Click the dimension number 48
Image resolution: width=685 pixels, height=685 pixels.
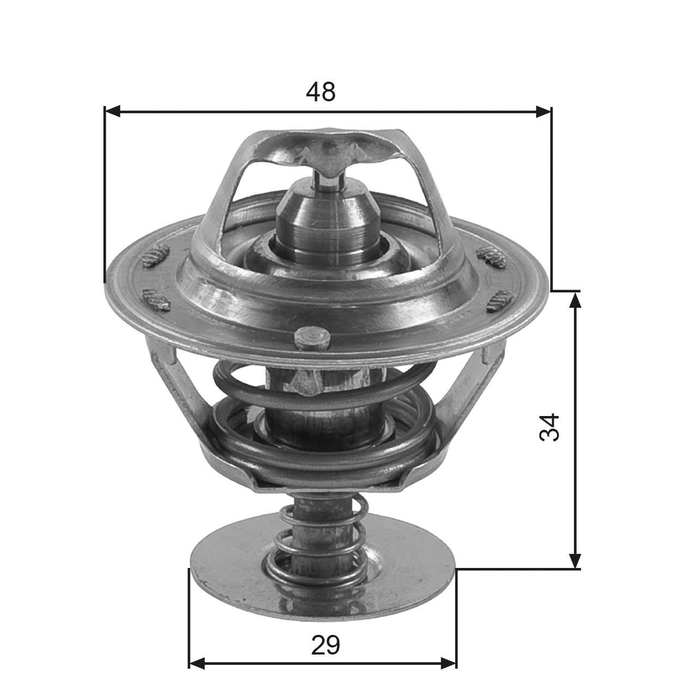pyautogui.click(x=321, y=93)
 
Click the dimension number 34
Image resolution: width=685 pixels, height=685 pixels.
pyautogui.click(x=549, y=427)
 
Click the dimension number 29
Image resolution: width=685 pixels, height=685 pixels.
pyautogui.click(x=326, y=645)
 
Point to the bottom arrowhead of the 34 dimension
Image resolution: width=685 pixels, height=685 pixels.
pyautogui.click(x=575, y=561)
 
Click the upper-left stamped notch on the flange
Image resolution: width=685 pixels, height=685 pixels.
pyautogui.click(x=156, y=255)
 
